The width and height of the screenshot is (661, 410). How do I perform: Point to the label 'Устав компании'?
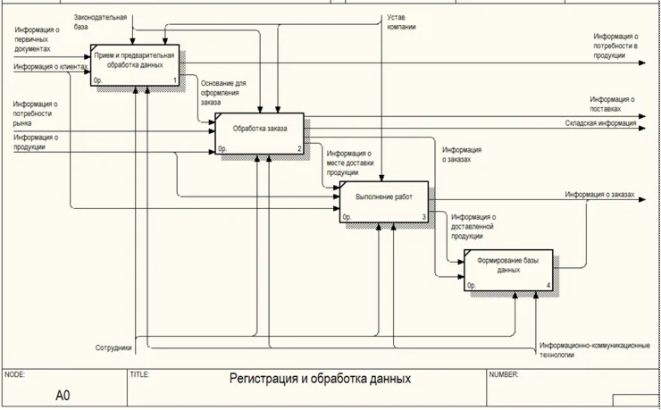(x=401, y=22)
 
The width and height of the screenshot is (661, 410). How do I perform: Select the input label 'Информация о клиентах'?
(x=51, y=67)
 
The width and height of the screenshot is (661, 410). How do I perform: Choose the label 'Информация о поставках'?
(x=612, y=104)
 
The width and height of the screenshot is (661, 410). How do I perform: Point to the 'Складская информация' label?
(x=600, y=123)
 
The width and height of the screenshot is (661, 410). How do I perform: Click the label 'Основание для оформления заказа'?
(x=222, y=93)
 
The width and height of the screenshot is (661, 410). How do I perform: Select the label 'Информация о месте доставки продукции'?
(x=349, y=163)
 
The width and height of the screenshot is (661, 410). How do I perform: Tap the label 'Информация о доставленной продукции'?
(x=473, y=226)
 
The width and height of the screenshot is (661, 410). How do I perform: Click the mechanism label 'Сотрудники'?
(x=113, y=347)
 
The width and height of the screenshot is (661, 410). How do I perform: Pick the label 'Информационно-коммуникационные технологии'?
(x=594, y=350)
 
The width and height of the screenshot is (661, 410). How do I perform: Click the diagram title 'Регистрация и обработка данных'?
(x=320, y=379)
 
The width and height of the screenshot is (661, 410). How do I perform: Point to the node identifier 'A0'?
(x=63, y=395)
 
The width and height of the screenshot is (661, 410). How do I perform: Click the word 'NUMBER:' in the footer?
(x=503, y=375)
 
